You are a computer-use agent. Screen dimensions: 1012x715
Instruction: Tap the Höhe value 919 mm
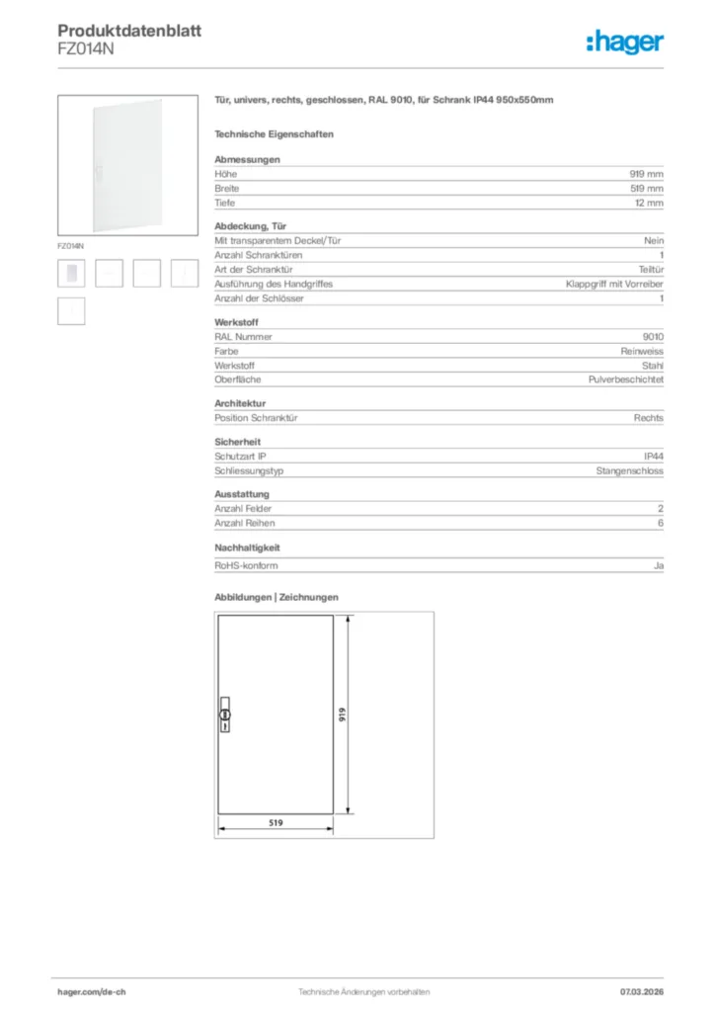647,174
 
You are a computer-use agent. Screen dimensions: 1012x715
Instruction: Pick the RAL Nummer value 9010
653,337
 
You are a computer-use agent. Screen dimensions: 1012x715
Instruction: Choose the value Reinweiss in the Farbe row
642,351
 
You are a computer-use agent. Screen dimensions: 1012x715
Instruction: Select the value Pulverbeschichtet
626,379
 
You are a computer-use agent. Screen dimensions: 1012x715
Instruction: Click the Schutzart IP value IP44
654,457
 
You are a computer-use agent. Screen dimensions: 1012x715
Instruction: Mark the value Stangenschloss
629,471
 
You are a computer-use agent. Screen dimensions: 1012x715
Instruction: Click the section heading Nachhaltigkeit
248,547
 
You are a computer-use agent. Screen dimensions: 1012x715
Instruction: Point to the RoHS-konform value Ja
659,566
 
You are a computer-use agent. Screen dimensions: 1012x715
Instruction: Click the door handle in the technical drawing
223,715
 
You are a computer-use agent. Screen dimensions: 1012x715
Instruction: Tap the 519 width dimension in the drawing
276,822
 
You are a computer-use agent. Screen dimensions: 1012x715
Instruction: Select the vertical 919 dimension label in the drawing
343,715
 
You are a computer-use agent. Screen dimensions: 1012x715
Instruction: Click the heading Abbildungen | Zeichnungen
277,598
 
